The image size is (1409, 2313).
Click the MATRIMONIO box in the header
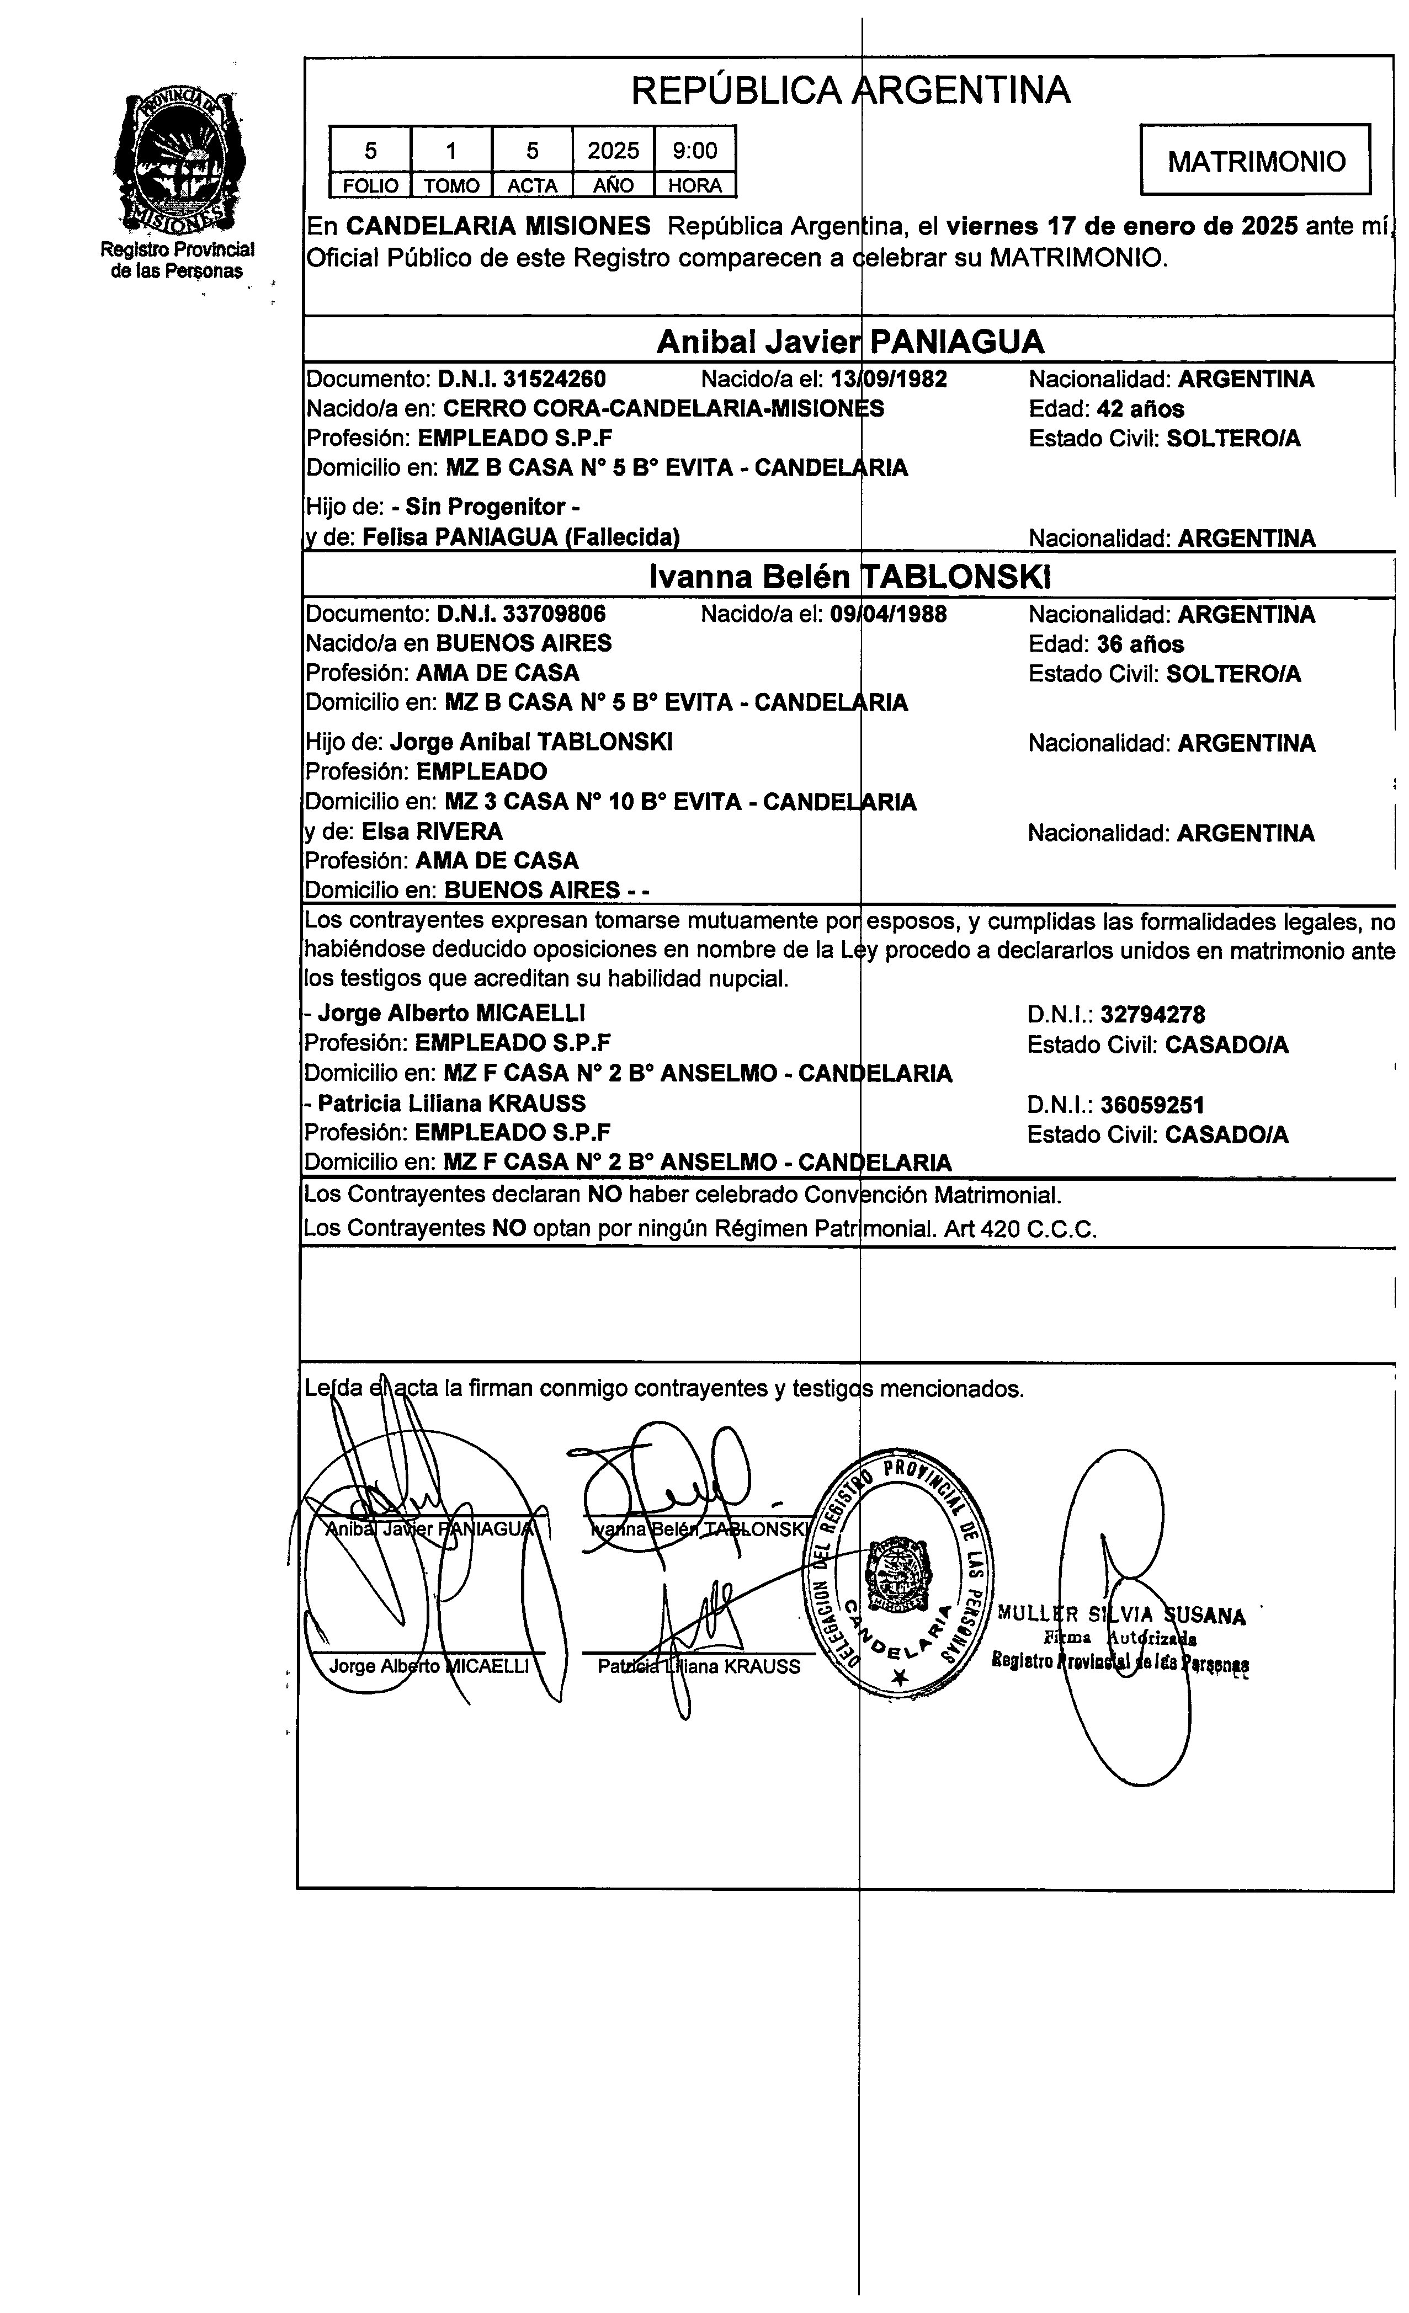click(x=1255, y=161)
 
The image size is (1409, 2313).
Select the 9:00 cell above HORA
click(x=695, y=150)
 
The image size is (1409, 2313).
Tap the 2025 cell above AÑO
click(x=613, y=150)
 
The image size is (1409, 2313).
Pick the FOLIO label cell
click(x=370, y=186)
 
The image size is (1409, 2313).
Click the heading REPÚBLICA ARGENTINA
click(x=850, y=90)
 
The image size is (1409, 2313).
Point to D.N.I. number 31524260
click(x=554, y=379)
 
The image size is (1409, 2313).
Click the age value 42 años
click(x=1140, y=409)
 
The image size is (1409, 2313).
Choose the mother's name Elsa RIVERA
click(x=432, y=832)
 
